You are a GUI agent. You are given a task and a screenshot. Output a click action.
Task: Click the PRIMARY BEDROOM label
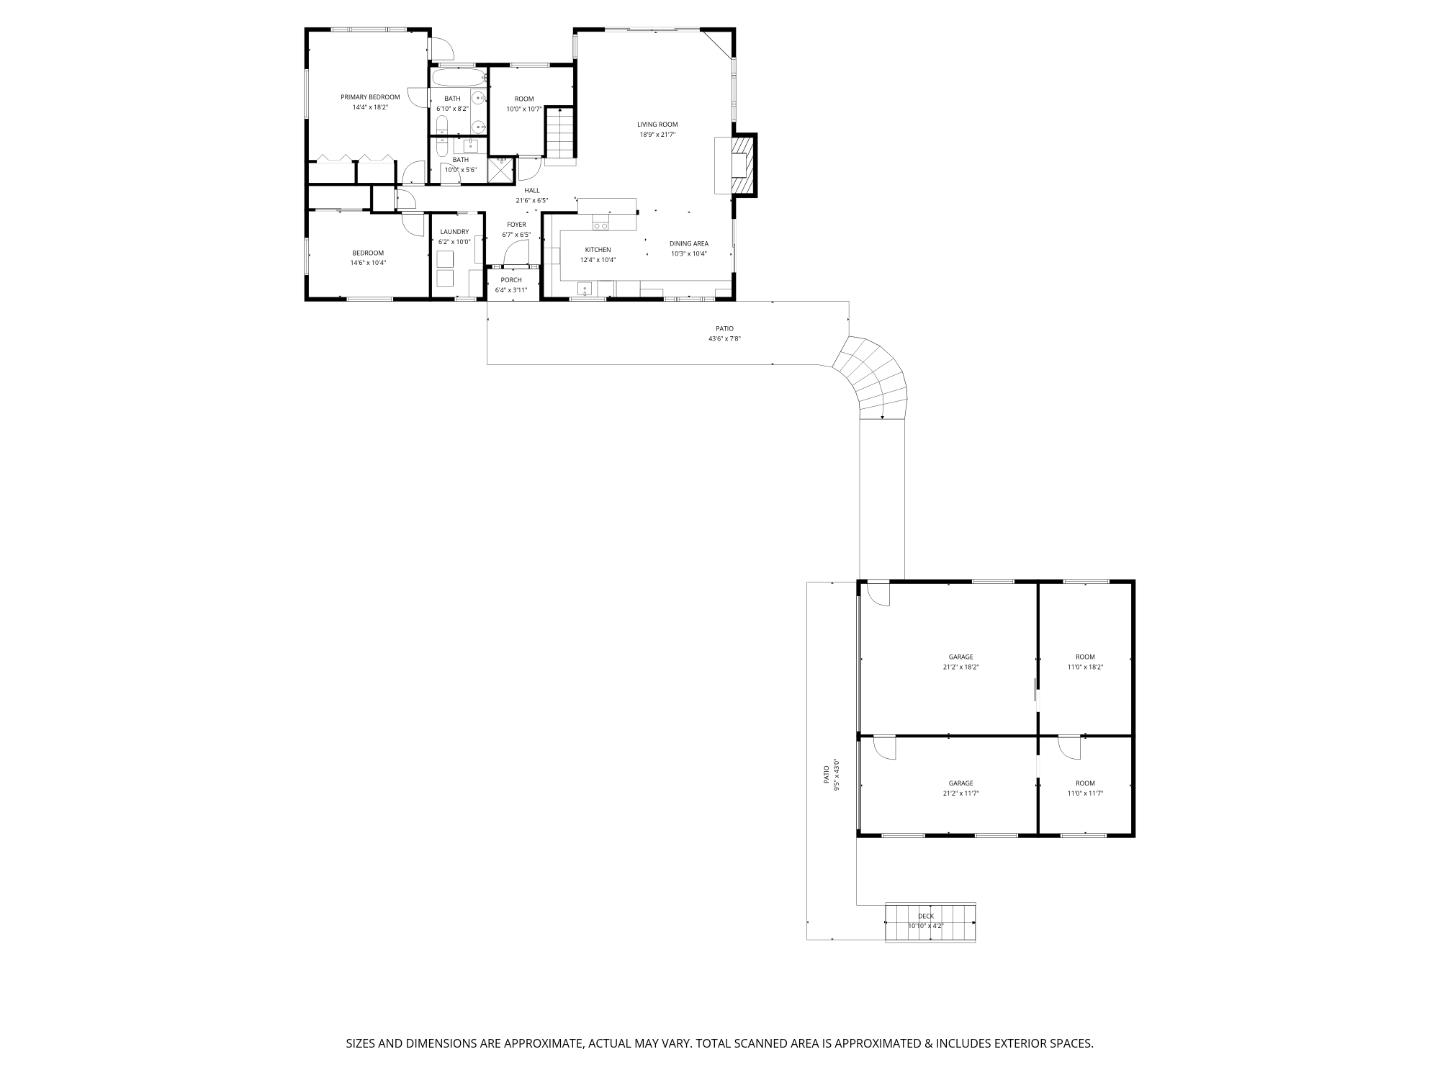coord(370,97)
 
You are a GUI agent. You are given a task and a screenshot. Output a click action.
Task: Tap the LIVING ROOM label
coord(657,125)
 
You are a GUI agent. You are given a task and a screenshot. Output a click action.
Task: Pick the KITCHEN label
coord(598,250)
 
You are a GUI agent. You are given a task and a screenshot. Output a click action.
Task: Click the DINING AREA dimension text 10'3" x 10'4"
coord(689,254)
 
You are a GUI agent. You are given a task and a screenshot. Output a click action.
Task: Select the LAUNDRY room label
coord(454,232)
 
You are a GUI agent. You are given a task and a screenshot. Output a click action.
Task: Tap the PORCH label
coord(511,280)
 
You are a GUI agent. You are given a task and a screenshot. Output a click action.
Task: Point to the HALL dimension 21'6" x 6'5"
coord(531,200)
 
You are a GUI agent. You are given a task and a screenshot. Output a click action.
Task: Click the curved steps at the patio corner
coord(873,378)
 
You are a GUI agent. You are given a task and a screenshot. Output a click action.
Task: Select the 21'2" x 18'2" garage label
coord(961,657)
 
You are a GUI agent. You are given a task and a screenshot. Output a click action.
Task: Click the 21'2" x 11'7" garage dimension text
coord(961,793)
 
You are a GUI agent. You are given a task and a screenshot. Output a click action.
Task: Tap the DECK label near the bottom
coord(926,916)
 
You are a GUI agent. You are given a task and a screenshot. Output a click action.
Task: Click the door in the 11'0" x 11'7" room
coord(1070,747)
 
